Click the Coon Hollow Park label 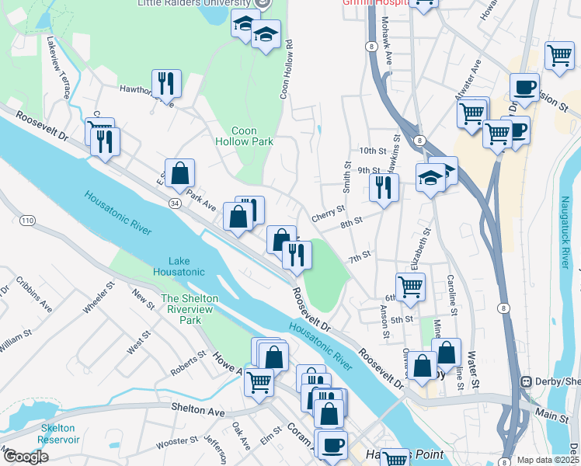click(x=244, y=136)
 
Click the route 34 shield click(x=173, y=202)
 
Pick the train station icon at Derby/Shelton click(x=527, y=381)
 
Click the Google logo click(x=25, y=457)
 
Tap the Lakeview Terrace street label click(x=59, y=67)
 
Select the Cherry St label click(x=328, y=210)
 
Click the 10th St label click(x=372, y=150)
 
